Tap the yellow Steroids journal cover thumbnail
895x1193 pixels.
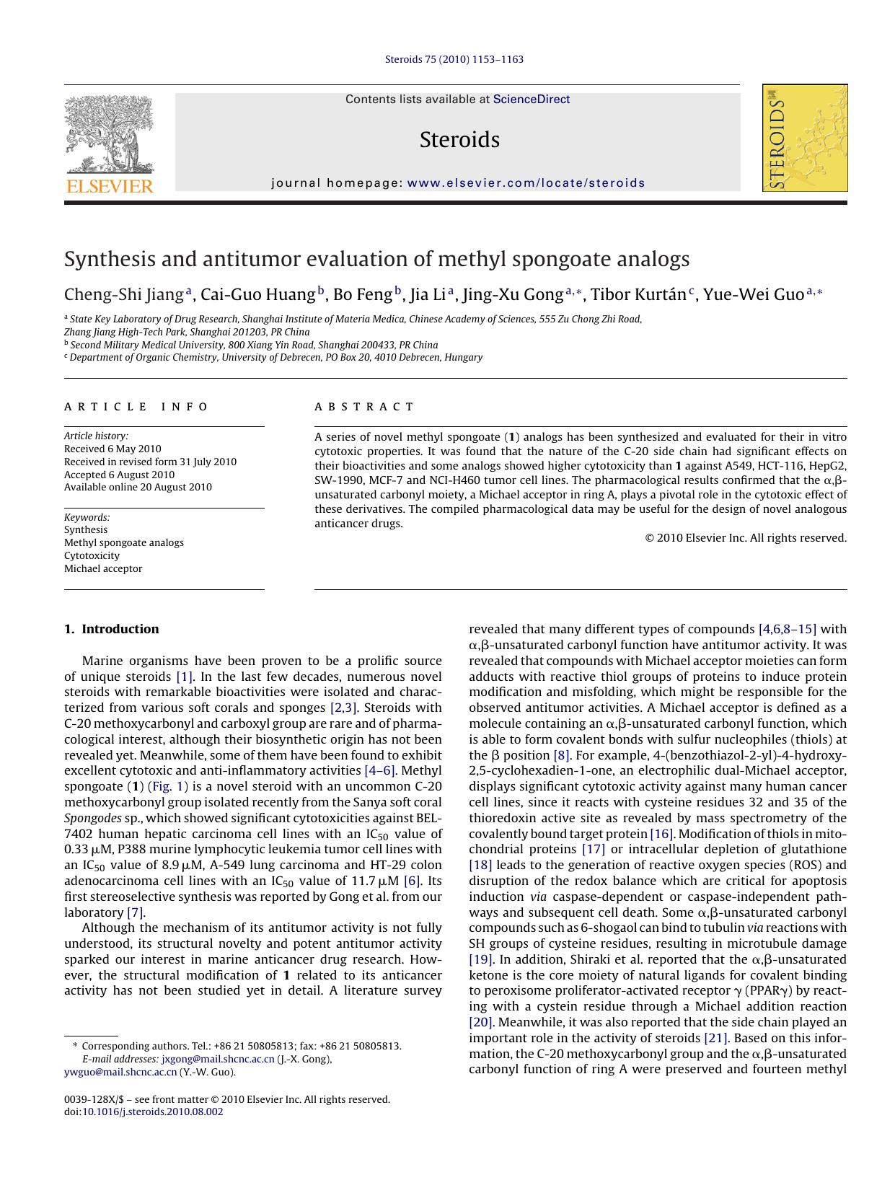pyautogui.click(x=805, y=138)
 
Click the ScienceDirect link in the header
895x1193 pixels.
pyautogui.click(x=532, y=100)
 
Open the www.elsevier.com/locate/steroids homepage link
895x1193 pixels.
pyautogui.click(x=526, y=183)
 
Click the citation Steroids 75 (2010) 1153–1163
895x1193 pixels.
pyautogui.click(x=454, y=59)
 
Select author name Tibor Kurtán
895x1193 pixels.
pyautogui.click(x=638, y=294)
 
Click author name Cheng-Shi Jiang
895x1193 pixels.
pyautogui.click(x=124, y=294)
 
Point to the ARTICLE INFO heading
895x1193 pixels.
pyautogui.click(x=136, y=407)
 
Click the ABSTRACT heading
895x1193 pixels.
pyautogui.click(x=364, y=407)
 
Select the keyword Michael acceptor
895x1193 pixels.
pyautogui.click(x=103, y=568)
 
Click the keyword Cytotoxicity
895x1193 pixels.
pyautogui.click(x=92, y=555)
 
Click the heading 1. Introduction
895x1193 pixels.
pyautogui.click(x=112, y=629)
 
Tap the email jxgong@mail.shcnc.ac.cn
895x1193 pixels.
pyautogui.click(x=218, y=1059)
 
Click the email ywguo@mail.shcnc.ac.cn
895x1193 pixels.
pyautogui.click(x=120, y=1072)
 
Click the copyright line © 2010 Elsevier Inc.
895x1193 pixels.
pyautogui.click(x=745, y=537)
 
